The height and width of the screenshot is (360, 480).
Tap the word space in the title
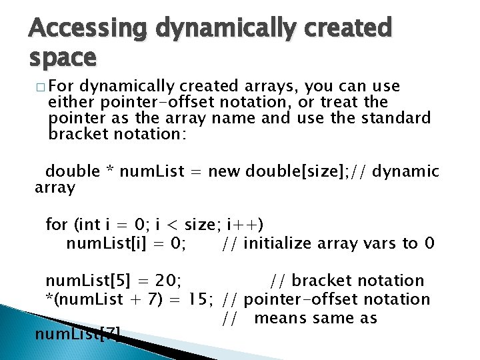coord(63,59)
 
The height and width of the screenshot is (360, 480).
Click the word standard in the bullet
coord(396,118)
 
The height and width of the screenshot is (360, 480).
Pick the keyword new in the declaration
coord(224,171)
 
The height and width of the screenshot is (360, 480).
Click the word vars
coord(380,243)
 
